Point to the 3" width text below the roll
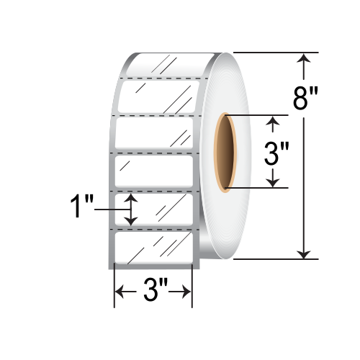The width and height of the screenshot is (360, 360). pyautogui.click(x=153, y=292)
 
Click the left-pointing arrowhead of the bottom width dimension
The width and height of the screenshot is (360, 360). pyautogui.click(x=121, y=292)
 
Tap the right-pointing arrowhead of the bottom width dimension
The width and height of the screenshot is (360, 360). pyautogui.click(x=186, y=292)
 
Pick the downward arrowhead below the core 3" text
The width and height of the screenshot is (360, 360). pyautogui.click(x=272, y=182)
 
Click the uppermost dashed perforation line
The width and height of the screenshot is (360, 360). pyautogui.click(x=162, y=76)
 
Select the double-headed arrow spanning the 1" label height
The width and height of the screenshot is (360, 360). pyautogui.click(x=130, y=209)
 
